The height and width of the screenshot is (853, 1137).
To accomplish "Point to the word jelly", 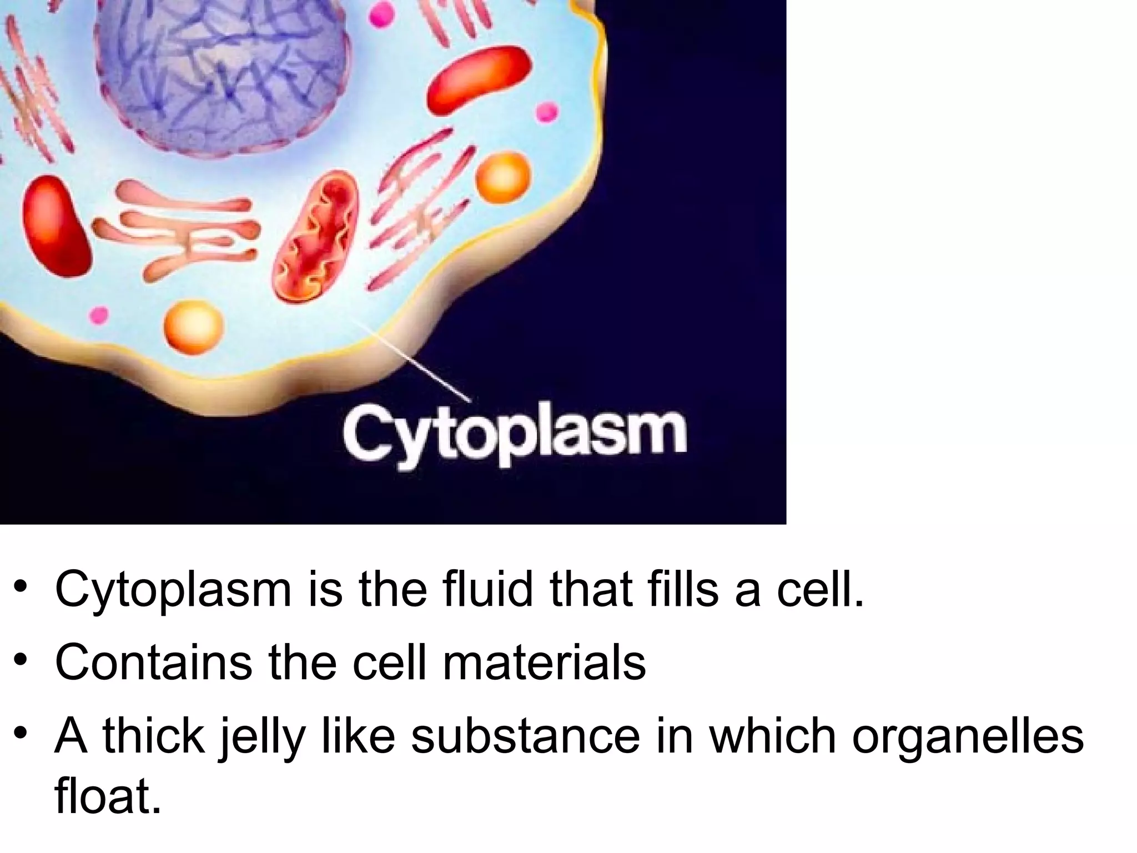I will click(261, 737).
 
